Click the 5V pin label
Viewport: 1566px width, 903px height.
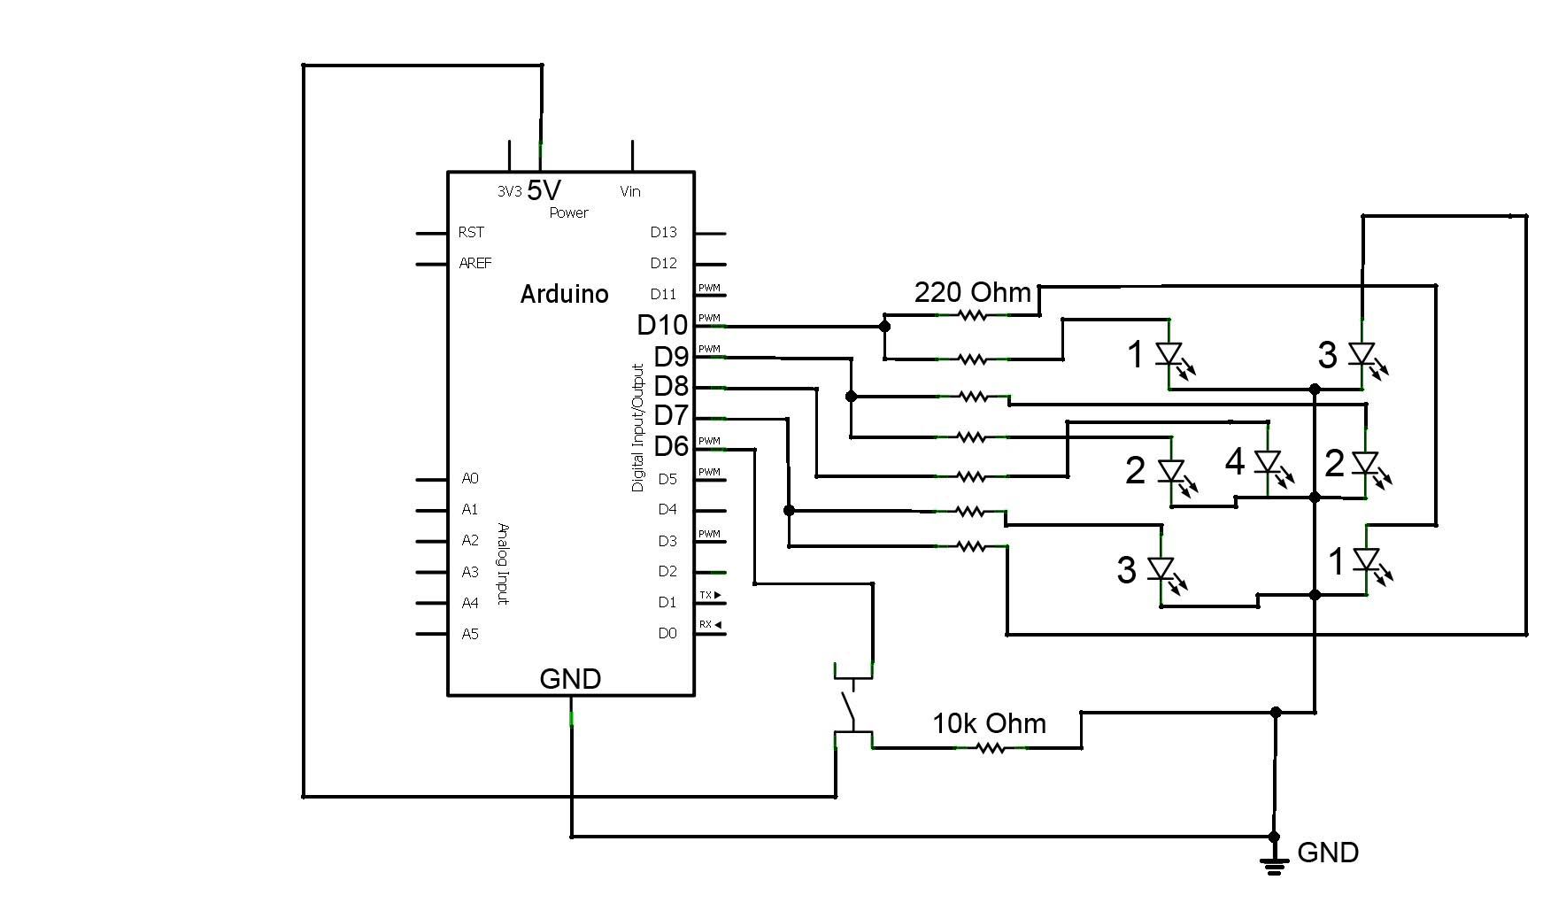(x=544, y=190)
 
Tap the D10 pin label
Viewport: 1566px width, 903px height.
(x=661, y=325)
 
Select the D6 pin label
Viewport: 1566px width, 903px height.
(x=670, y=447)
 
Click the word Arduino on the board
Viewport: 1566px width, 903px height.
(x=564, y=294)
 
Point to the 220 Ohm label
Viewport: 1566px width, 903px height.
(x=972, y=292)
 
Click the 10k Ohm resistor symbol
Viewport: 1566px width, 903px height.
(x=991, y=748)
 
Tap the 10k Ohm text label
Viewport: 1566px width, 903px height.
(x=989, y=723)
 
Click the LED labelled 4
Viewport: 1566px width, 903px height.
(x=1269, y=463)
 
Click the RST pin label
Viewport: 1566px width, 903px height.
(x=471, y=232)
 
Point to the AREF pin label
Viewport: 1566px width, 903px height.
(x=475, y=263)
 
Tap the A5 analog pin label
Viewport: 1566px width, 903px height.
(x=470, y=634)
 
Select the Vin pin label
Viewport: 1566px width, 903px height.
(x=630, y=191)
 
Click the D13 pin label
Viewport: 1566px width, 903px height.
(x=663, y=232)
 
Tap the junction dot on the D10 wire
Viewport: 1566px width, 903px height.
(x=884, y=326)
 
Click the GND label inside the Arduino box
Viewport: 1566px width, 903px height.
(x=570, y=679)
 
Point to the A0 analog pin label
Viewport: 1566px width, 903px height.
(x=470, y=479)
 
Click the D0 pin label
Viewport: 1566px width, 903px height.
(x=667, y=633)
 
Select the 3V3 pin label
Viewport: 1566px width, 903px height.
(x=509, y=191)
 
